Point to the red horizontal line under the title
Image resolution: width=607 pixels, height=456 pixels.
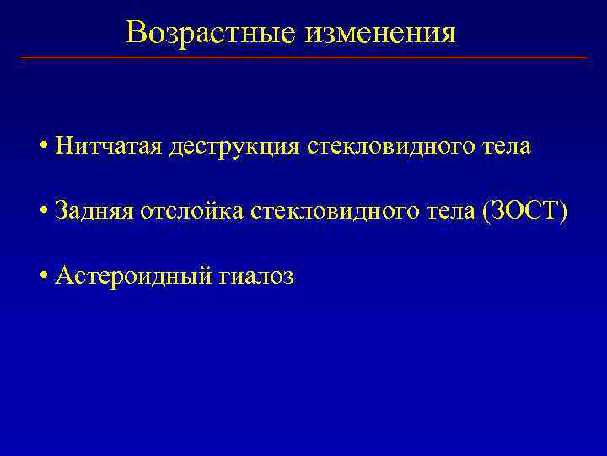click(x=303, y=57)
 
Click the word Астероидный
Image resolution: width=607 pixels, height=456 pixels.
click(x=132, y=275)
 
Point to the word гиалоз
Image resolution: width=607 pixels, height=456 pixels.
click(x=255, y=275)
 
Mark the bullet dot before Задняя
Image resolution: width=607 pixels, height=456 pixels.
click(x=43, y=211)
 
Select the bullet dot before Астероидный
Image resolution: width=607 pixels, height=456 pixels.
click(x=43, y=276)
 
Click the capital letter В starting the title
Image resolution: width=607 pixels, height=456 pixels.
click(x=136, y=33)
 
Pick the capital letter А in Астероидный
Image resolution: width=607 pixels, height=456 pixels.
click(x=63, y=275)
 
